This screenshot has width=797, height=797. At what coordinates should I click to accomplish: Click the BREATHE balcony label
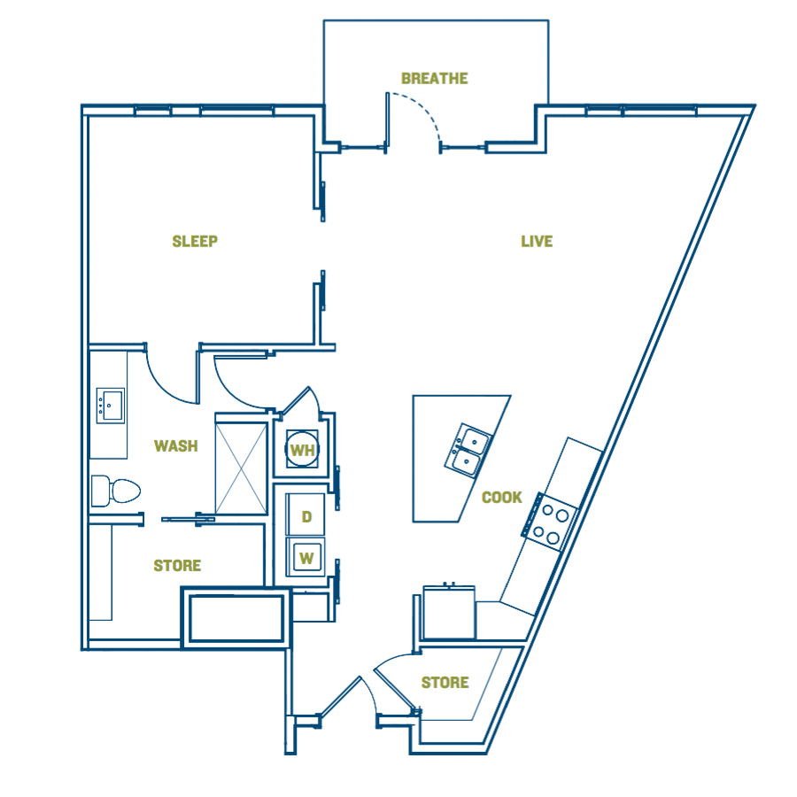[x=435, y=78]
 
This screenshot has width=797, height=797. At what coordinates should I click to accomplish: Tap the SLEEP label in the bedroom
[x=195, y=241]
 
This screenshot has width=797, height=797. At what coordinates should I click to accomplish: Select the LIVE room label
[x=537, y=241]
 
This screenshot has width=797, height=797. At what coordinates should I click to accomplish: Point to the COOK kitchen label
[x=502, y=497]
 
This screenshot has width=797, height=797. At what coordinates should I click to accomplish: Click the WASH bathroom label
[x=176, y=445]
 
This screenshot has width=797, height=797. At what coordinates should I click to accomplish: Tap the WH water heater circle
[x=303, y=449]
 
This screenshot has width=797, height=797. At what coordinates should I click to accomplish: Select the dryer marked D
[x=305, y=515]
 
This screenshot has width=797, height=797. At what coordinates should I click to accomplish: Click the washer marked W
[x=306, y=557]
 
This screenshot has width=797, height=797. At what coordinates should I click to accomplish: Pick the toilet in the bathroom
[x=115, y=491]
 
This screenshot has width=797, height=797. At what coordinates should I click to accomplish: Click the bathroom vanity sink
[x=111, y=406]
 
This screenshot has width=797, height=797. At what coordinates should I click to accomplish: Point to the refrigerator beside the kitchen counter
[x=449, y=612]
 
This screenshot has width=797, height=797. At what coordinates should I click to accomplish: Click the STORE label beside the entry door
[x=445, y=682]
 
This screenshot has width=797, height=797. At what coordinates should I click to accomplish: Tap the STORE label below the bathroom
[x=177, y=565]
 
